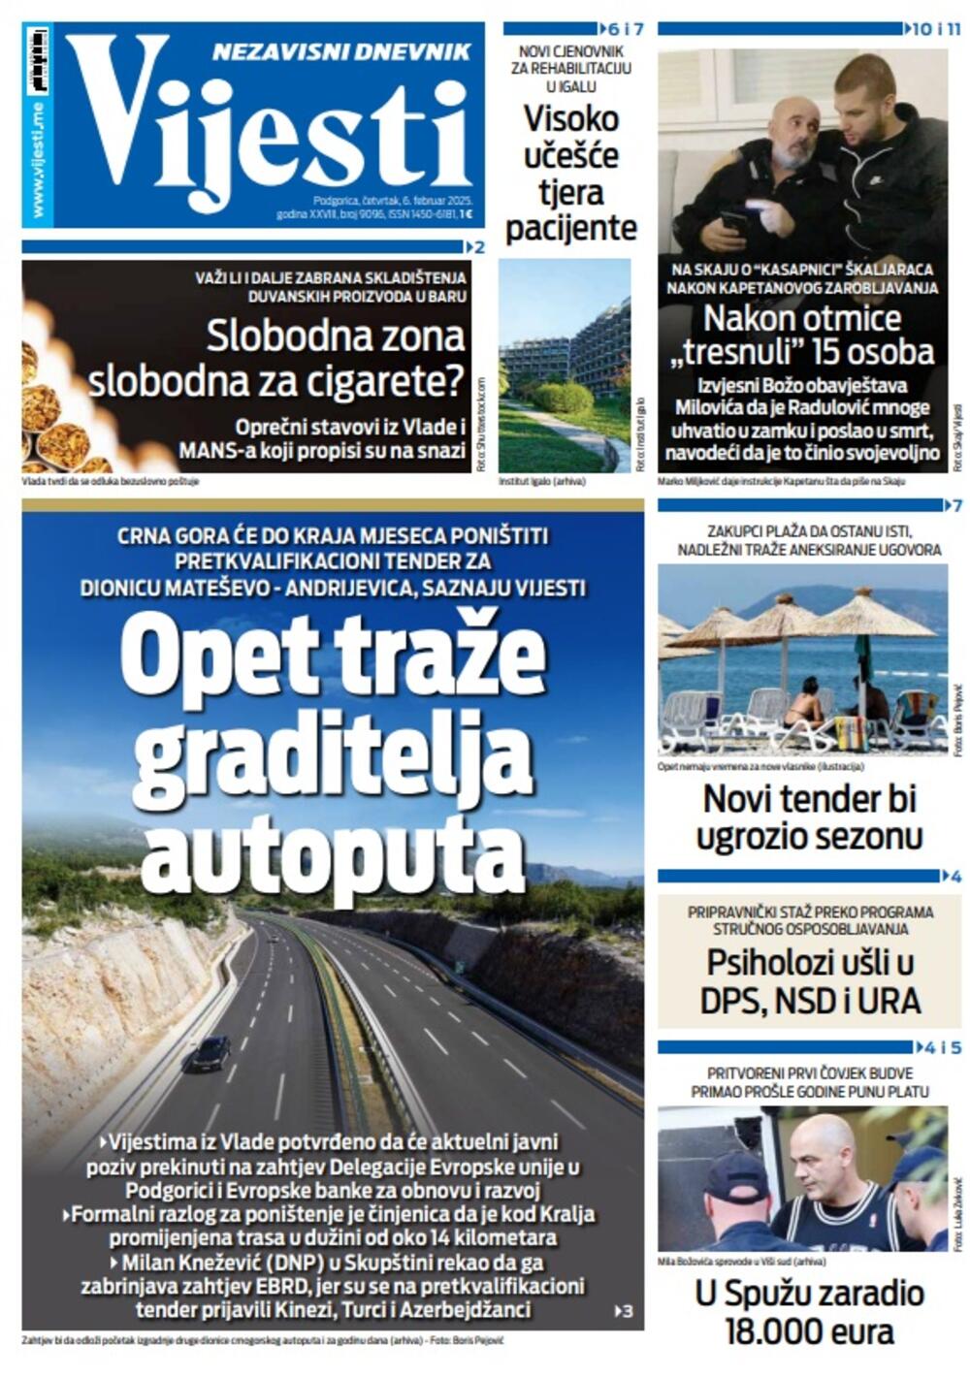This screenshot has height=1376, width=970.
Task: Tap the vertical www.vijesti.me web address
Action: tap(37, 159)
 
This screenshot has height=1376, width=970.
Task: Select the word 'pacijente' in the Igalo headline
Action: tap(570, 229)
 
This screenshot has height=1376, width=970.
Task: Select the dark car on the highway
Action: tap(210, 1053)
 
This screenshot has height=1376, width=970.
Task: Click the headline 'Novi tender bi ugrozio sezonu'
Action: tap(808, 816)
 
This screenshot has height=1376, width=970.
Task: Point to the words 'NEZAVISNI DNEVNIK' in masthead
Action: tap(341, 52)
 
